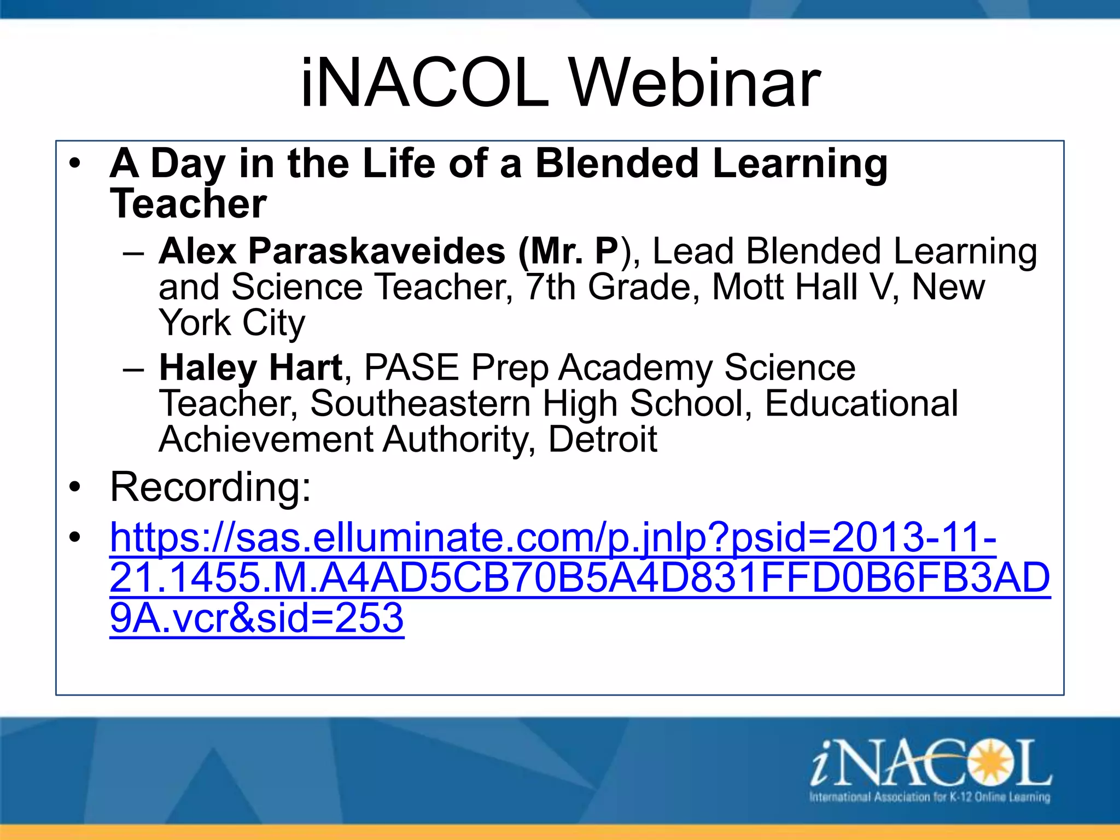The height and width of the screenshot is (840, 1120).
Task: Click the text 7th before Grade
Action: [550, 287]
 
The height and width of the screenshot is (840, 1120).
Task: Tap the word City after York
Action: [273, 323]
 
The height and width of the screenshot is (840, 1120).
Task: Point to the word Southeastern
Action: [420, 404]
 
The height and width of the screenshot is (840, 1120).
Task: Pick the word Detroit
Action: [602, 439]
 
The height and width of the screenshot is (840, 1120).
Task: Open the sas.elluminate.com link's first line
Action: [552, 538]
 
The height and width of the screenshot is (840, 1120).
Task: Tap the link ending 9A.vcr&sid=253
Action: [256, 618]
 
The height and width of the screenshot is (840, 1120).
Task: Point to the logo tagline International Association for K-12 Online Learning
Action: [930, 797]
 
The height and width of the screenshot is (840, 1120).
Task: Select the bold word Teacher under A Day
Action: [188, 203]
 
